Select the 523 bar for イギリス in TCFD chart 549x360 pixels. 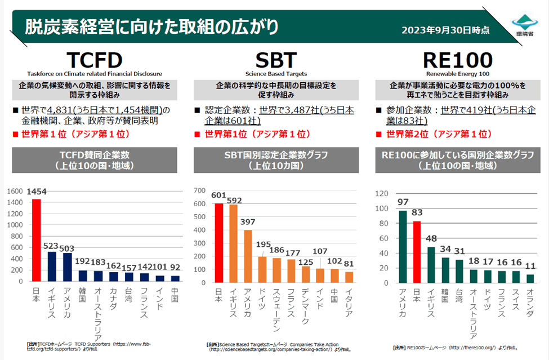click(x=51, y=266)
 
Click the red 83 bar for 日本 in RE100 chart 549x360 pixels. click(x=417, y=251)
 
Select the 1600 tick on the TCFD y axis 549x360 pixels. click(x=16, y=190)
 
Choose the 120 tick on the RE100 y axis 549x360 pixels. click(x=382, y=193)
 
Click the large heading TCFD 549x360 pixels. click(x=94, y=60)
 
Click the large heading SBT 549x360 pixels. click(x=276, y=60)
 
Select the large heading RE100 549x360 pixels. click(x=457, y=60)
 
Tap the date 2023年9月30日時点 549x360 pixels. click(x=445, y=30)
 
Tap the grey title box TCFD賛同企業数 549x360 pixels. click(x=95, y=160)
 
